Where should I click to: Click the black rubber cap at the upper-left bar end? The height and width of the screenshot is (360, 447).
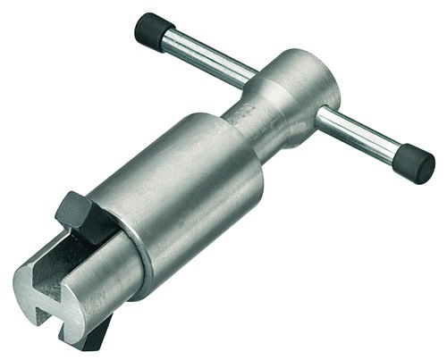(153, 30)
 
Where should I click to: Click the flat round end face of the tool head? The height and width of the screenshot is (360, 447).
(317, 86)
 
